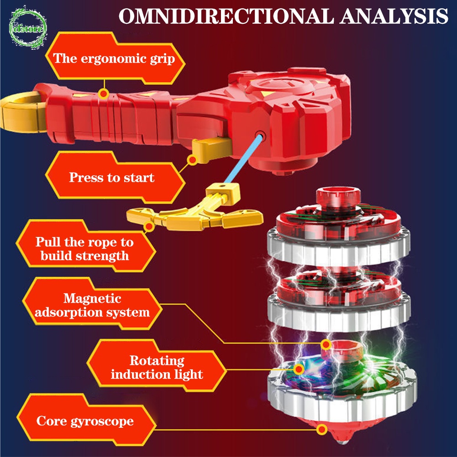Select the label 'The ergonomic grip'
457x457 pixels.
[x=114, y=58]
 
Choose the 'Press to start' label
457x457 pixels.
[x=112, y=177]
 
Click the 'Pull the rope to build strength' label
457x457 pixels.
[x=85, y=248]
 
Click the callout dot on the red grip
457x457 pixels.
[x=104, y=94]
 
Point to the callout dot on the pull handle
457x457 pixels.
[x=148, y=226]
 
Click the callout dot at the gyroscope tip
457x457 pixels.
[x=322, y=429]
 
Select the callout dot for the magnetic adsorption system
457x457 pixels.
[x=326, y=344]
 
